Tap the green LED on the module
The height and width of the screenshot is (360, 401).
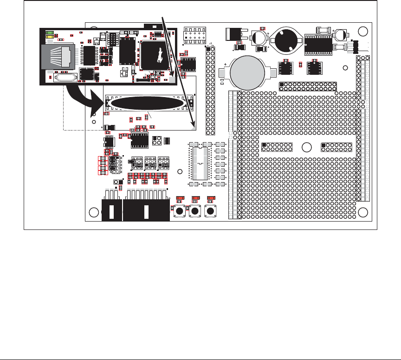tap(49, 33)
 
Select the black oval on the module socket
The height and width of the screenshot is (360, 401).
tap(147, 103)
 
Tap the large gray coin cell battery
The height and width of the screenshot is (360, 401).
tap(246, 72)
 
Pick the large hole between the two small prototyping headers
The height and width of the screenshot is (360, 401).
tap(306, 148)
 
